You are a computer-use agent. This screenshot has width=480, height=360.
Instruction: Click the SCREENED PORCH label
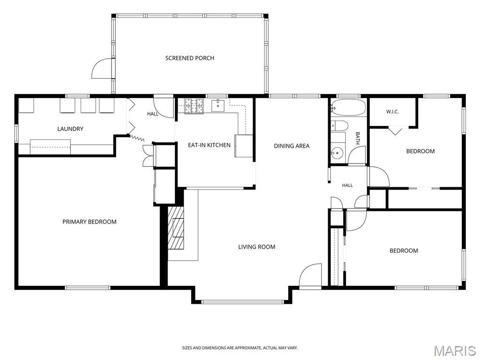(189, 58)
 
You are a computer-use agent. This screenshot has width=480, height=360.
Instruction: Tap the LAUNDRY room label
(70, 129)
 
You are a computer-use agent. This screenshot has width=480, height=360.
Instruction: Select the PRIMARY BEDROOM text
(90, 222)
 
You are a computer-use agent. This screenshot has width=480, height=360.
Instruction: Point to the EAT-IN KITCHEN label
(209, 145)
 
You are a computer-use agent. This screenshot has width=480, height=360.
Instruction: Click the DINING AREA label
(292, 146)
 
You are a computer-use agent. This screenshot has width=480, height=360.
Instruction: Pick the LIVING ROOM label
(256, 247)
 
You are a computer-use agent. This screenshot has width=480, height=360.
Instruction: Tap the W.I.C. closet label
(392, 112)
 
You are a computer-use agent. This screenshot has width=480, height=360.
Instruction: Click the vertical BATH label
(357, 138)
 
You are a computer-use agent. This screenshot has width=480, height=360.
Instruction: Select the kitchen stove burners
(194, 105)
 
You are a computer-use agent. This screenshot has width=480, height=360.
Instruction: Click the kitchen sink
(217, 105)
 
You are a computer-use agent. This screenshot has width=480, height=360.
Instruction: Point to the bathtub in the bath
(348, 107)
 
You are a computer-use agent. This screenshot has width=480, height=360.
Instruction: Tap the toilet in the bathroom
(339, 126)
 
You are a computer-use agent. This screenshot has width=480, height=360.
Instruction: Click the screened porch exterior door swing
(102, 68)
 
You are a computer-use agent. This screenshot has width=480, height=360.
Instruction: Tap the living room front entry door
(310, 275)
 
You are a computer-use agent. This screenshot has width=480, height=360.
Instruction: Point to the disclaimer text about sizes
(240, 348)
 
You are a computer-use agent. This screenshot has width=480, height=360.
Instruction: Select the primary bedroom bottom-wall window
(88, 287)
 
